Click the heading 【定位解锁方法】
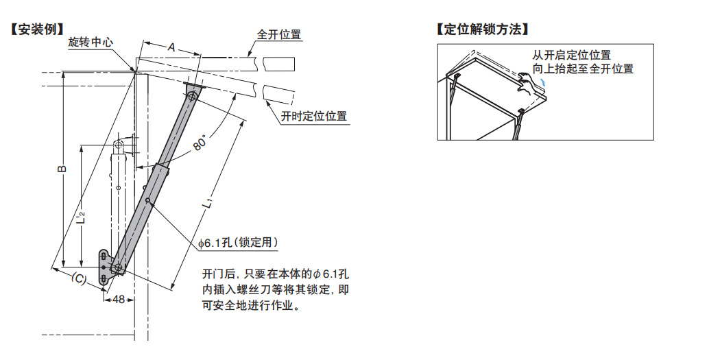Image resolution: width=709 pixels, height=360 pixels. pyautogui.click(x=483, y=29)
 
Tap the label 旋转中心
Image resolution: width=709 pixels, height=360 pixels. pyautogui.click(x=91, y=42)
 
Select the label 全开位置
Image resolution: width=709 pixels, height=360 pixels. pyautogui.click(x=278, y=34)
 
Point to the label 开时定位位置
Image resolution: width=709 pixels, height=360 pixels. pyautogui.click(x=313, y=117)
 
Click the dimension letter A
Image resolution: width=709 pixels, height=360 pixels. pyautogui.click(x=171, y=47)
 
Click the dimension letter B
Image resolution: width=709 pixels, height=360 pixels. pyautogui.click(x=60, y=169)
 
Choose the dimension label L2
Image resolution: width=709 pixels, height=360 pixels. pyautogui.click(x=80, y=217)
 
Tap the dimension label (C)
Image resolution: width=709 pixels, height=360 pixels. pyautogui.click(x=79, y=278)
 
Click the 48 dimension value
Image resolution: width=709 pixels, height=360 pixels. pyautogui.click(x=119, y=300)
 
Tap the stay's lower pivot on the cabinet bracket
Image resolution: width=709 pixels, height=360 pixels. pyautogui.click(x=118, y=267)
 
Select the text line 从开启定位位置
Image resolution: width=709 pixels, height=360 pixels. pyautogui.click(x=571, y=55)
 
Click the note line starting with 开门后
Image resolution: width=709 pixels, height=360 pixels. pyautogui.click(x=276, y=273)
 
